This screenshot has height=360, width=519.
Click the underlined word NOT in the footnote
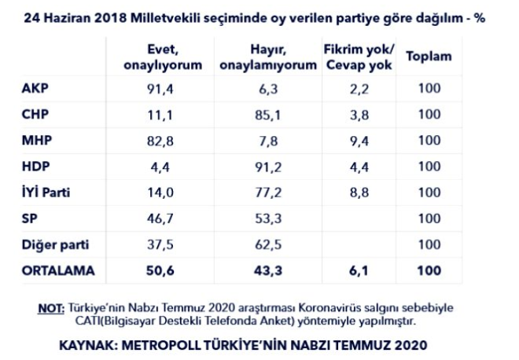(x=50, y=307)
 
